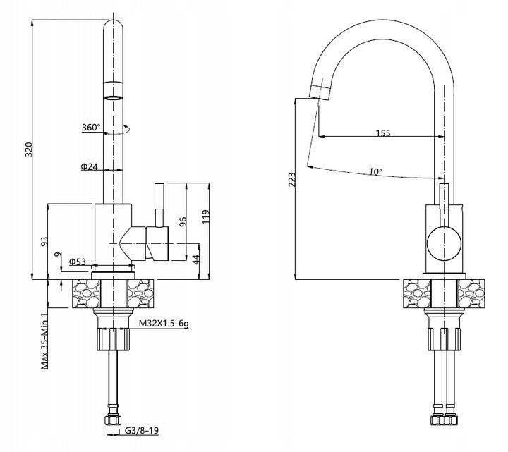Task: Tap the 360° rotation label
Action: [92, 128]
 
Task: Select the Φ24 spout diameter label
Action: [89, 167]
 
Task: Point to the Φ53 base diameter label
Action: [78, 262]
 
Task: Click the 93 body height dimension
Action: [44, 242]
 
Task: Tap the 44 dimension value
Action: [195, 259]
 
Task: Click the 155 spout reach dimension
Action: [383, 133]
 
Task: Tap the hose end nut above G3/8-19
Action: [113, 420]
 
